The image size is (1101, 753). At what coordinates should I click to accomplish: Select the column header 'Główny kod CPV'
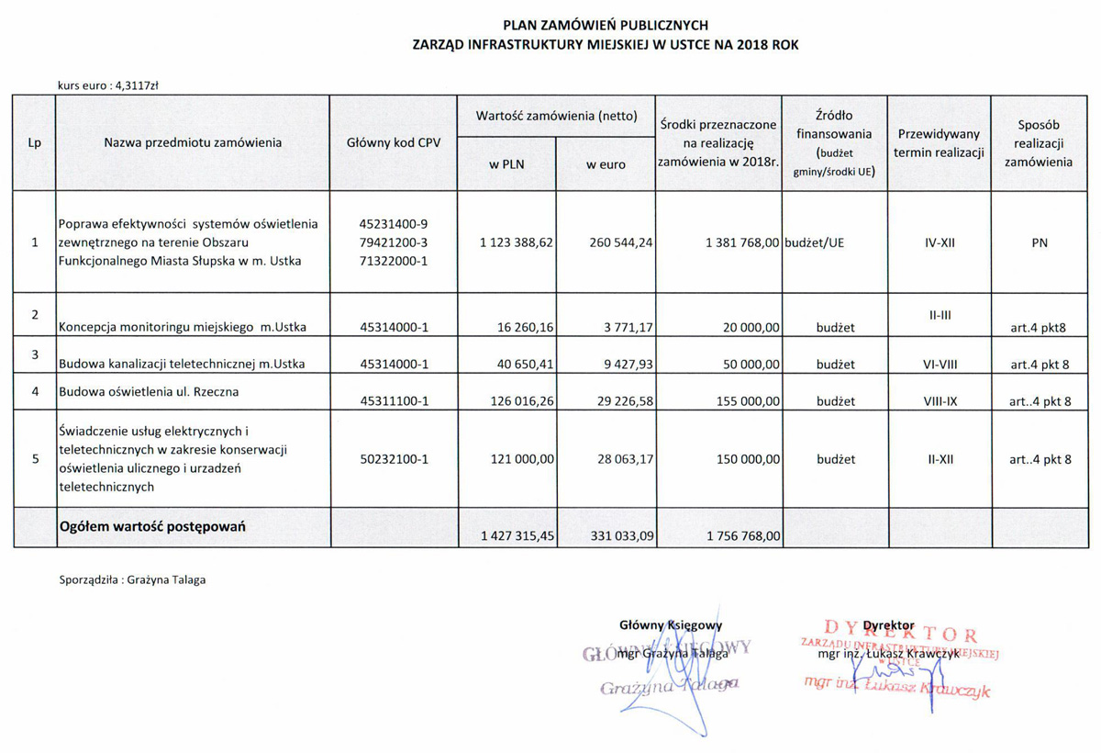(x=394, y=143)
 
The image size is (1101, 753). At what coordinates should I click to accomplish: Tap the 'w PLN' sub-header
(x=506, y=164)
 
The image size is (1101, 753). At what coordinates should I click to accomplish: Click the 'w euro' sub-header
(x=606, y=164)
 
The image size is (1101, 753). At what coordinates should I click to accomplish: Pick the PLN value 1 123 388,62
(x=517, y=242)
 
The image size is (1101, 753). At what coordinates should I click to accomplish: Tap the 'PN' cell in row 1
(x=1040, y=242)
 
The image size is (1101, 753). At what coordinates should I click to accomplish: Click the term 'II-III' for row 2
(x=939, y=315)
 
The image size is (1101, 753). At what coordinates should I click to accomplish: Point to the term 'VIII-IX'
(x=939, y=401)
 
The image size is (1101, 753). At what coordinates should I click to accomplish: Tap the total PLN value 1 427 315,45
(x=517, y=536)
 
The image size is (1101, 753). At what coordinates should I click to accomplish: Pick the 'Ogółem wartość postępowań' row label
(x=153, y=527)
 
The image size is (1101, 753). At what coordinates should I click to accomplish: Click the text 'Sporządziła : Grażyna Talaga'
(x=132, y=579)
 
